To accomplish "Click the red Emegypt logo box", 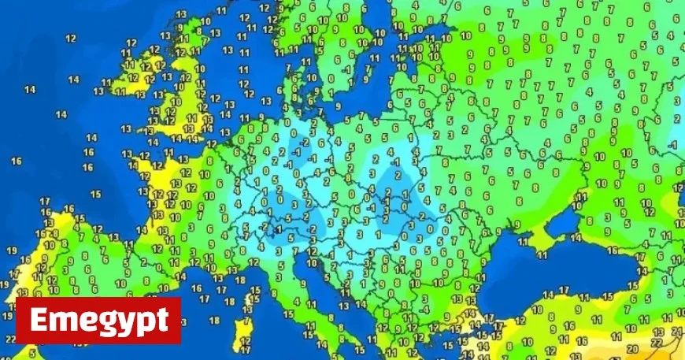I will pyautogui.click(x=98, y=321).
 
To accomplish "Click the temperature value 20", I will pyautogui.click(x=632, y=348).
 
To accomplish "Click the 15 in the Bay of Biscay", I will pyautogui.click(x=95, y=193).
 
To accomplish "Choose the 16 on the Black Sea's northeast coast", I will pyautogui.click(x=612, y=251).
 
